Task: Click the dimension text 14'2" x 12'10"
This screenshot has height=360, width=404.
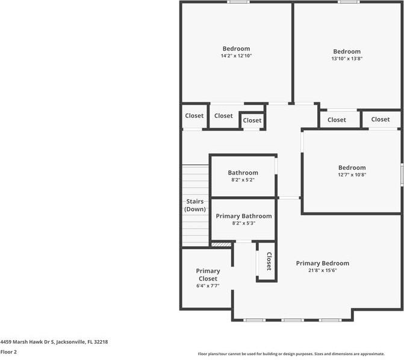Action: point(236,55)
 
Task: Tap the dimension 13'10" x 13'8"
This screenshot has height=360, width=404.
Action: point(347,58)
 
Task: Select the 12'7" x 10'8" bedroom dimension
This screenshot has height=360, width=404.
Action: point(352,175)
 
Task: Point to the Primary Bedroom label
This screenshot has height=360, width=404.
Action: point(323,263)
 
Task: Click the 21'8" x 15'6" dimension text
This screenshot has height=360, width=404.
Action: point(323,270)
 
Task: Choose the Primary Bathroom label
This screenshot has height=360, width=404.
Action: point(244,216)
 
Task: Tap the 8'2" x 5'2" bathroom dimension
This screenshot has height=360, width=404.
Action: point(243,180)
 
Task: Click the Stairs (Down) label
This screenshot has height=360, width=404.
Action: point(195,205)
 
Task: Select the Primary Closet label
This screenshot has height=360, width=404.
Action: point(208,275)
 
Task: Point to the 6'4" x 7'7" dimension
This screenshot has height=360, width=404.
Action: point(208,285)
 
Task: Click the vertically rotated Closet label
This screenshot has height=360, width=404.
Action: point(269,261)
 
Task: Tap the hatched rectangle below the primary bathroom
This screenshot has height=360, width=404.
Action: point(222,244)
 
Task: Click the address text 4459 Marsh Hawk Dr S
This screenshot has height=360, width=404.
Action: point(27,342)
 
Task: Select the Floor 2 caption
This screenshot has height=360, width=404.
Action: point(8,352)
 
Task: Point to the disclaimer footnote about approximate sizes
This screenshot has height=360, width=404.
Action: point(291,354)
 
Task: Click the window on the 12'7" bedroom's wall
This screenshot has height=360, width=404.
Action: point(402,175)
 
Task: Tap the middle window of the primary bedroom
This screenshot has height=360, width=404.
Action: point(293,320)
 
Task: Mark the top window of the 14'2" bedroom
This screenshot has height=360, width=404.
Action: point(238,2)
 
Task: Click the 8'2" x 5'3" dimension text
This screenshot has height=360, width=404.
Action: point(244,223)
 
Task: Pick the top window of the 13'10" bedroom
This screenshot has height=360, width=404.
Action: point(349,2)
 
